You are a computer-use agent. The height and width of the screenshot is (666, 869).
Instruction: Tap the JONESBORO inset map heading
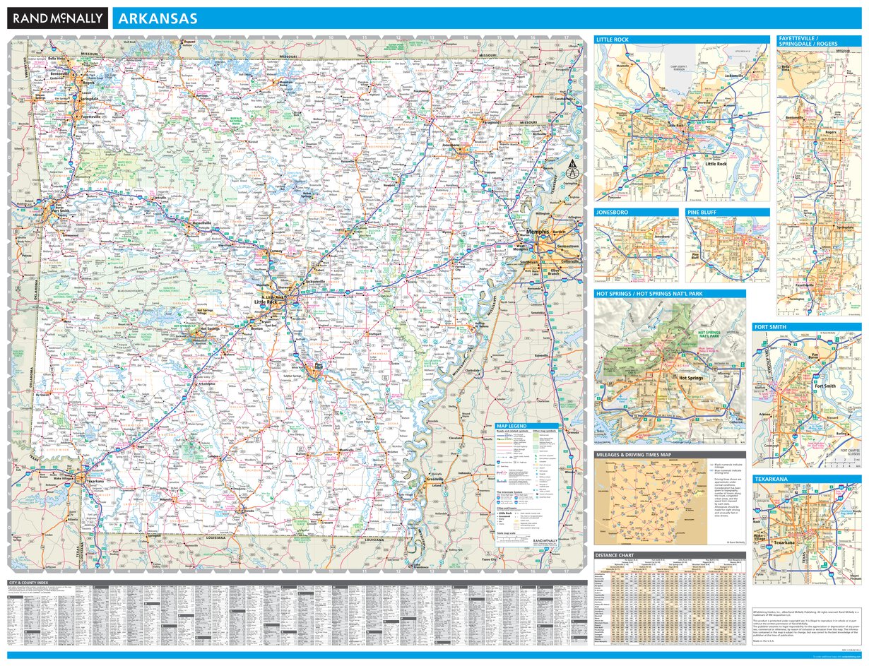613,212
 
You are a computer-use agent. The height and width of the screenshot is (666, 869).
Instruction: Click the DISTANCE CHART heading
617,554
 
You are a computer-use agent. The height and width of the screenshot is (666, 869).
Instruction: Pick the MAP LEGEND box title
512,427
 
